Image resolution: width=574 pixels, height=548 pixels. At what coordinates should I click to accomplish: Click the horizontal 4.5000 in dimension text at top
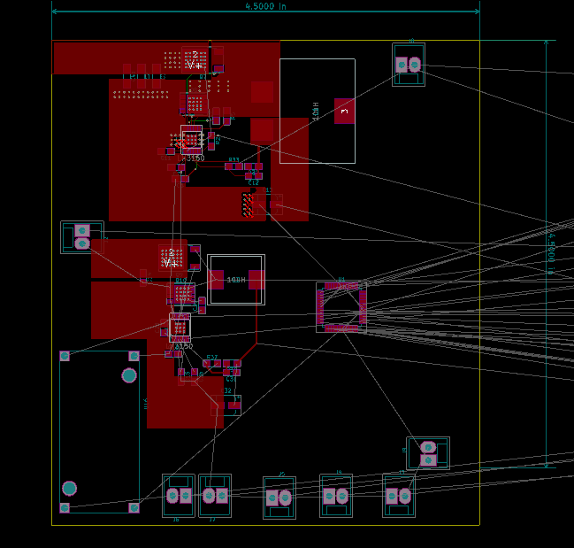coord(265,6)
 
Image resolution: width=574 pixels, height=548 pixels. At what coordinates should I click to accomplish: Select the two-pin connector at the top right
coord(408,65)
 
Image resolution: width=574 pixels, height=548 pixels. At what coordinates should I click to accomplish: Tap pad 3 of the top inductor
coord(344,111)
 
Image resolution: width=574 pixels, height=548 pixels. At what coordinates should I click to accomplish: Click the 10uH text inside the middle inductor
coord(235,280)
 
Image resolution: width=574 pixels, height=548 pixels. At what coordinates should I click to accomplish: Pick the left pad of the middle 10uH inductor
coord(217,280)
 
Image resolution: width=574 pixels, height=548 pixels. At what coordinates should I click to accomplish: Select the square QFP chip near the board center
coord(341,307)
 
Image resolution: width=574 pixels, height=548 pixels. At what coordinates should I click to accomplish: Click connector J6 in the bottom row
coord(179,496)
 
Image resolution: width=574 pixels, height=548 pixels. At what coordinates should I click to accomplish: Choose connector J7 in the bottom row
coord(215,496)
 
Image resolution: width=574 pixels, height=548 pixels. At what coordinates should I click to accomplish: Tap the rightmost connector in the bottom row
coord(399,496)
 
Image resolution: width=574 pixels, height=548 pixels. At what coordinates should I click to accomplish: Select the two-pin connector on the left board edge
coord(82,237)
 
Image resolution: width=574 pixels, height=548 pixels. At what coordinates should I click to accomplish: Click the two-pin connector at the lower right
coord(428,453)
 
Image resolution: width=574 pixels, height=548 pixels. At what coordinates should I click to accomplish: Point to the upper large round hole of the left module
coord(129,375)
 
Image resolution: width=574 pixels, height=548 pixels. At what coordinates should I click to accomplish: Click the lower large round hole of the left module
coord(69,488)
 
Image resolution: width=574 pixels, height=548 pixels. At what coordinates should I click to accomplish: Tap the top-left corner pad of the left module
coord(65,356)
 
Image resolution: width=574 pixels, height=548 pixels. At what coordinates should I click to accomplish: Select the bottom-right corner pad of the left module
coord(134,508)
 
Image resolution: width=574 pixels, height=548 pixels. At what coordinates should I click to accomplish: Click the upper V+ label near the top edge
coord(195,66)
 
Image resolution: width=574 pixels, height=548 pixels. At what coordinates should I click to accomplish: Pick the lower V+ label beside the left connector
coord(171,263)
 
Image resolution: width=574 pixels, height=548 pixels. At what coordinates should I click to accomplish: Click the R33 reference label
coord(233,160)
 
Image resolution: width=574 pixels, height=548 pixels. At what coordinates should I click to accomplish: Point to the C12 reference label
coord(254,182)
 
